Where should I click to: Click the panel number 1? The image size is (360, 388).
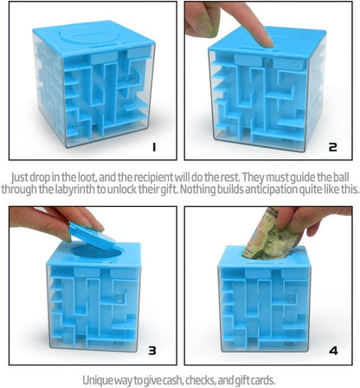[154, 147]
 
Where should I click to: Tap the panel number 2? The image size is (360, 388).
[332, 147]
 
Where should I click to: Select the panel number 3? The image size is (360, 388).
[152, 351]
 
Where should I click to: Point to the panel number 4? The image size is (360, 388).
[333, 351]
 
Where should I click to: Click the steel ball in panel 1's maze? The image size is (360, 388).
[133, 78]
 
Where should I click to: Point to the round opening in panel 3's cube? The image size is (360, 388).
[97, 252]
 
